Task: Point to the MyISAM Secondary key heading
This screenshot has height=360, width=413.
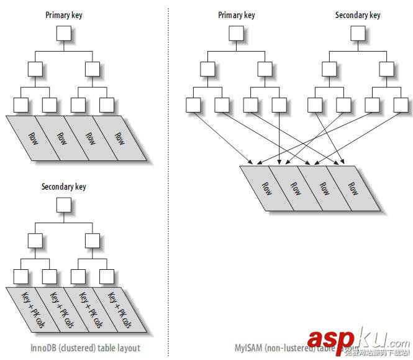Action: tap(357, 15)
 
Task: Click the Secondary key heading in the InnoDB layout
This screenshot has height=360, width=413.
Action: tap(63, 186)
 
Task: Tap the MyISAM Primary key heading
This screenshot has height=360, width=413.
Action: tap(236, 15)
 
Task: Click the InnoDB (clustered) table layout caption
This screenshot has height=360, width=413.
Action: tap(84, 348)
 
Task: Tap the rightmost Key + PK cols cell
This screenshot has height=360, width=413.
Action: tap(116, 310)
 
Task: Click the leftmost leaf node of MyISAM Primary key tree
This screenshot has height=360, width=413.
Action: tap(193, 105)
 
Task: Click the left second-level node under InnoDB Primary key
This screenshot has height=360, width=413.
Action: tap(34, 70)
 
